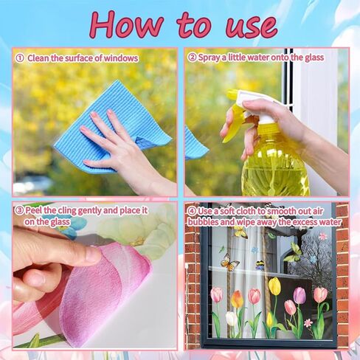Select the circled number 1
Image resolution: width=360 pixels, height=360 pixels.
[19, 58]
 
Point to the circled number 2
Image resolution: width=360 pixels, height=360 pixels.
[193, 58]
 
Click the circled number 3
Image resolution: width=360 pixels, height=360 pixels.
[19, 210]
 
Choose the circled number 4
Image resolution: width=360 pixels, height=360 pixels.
[193, 210]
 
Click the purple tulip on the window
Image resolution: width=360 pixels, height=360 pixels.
[299, 295]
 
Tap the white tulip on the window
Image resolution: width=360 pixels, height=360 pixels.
[232, 319]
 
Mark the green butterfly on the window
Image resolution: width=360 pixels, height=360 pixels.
[294, 253]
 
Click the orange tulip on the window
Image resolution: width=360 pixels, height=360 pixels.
[236, 299]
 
